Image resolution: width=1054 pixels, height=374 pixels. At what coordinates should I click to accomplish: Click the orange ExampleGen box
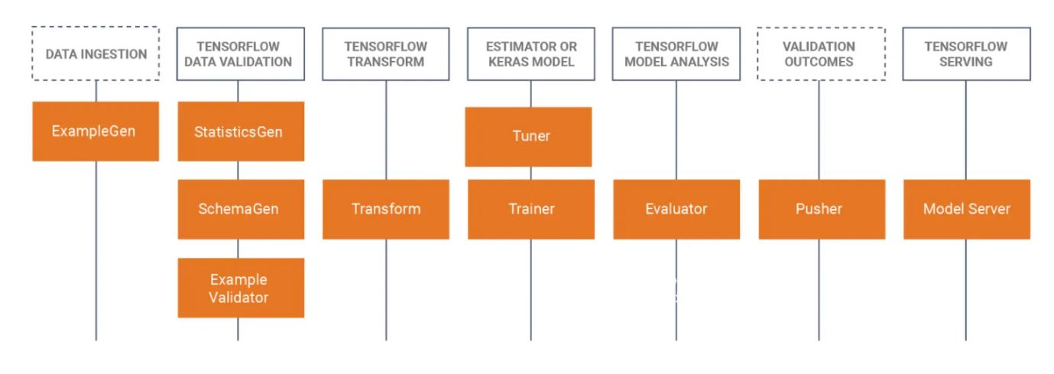click(x=96, y=131)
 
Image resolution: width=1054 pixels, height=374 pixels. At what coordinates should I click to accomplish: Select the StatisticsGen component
click(x=241, y=131)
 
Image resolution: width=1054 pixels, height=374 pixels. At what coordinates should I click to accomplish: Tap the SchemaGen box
click(x=241, y=209)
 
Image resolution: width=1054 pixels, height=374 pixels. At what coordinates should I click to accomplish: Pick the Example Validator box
click(x=241, y=288)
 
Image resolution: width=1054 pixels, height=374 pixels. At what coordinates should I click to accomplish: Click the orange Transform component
click(x=386, y=209)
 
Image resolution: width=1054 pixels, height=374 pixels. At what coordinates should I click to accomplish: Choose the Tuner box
click(x=528, y=137)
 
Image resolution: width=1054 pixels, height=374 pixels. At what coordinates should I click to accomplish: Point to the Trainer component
click(x=531, y=209)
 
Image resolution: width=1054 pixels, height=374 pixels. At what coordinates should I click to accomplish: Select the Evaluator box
click(x=676, y=209)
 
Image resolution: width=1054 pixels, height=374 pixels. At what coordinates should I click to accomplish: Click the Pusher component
click(x=822, y=209)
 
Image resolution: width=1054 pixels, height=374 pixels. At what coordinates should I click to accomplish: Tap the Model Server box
click(x=967, y=209)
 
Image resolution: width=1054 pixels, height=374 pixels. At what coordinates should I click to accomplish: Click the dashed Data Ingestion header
click(x=96, y=53)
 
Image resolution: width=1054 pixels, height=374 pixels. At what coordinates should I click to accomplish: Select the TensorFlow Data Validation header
click(x=241, y=53)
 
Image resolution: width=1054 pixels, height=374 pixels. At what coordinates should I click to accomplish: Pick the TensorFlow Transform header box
click(x=386, y=53)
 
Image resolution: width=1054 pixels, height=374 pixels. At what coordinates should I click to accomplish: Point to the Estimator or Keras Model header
click(x=531, y=53)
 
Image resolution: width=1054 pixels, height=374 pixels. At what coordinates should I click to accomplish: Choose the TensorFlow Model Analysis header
click(x=676, y=53)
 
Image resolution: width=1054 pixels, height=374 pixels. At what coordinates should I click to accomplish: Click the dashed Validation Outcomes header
click(x=822, y=53)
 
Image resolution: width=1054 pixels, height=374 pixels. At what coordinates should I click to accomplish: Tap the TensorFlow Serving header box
click(x=966, y=53)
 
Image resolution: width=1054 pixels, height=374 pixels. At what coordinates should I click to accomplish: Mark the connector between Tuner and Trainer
click(x=531, y=173)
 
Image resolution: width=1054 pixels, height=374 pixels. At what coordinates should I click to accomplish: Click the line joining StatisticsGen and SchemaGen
click(x=238, y=170)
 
